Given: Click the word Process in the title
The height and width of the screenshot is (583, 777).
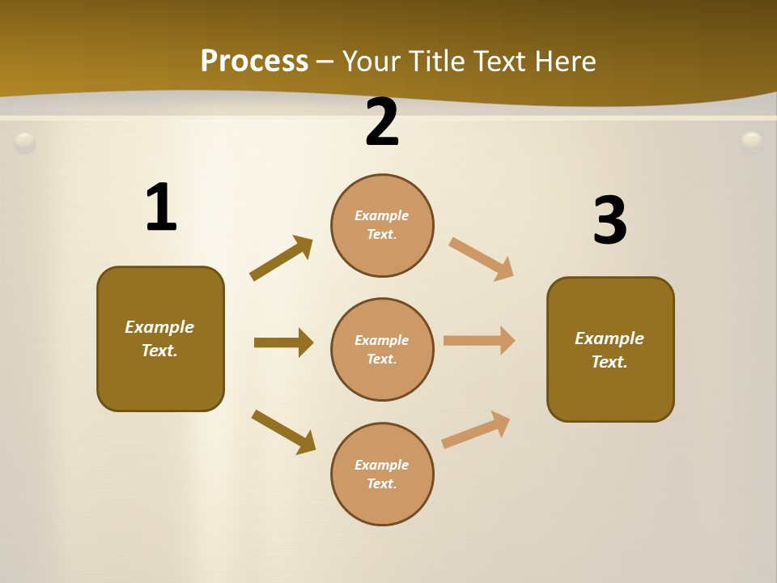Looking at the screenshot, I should [254, 61].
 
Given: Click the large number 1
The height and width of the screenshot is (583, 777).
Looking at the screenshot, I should [160, 207].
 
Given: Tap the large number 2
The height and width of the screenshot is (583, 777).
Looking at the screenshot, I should [382, 122].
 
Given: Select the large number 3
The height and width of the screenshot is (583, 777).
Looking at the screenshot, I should [609, 220].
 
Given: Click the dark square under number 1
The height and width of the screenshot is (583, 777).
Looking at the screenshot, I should [160, 338].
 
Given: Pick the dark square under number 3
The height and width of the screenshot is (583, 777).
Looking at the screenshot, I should [610, 349].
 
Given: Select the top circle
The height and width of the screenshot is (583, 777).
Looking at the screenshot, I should [382, 225].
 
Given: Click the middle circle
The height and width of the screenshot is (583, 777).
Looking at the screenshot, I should [382, 349].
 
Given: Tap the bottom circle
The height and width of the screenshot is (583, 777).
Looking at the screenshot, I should [382, 474].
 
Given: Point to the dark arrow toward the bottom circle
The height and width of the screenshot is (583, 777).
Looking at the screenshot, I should [283, 432].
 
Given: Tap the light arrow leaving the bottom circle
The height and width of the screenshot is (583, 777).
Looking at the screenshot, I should [476, 430].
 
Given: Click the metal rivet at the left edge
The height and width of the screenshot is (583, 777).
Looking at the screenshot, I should [25, 143].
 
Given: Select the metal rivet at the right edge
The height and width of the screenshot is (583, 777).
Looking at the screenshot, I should [752, 143].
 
